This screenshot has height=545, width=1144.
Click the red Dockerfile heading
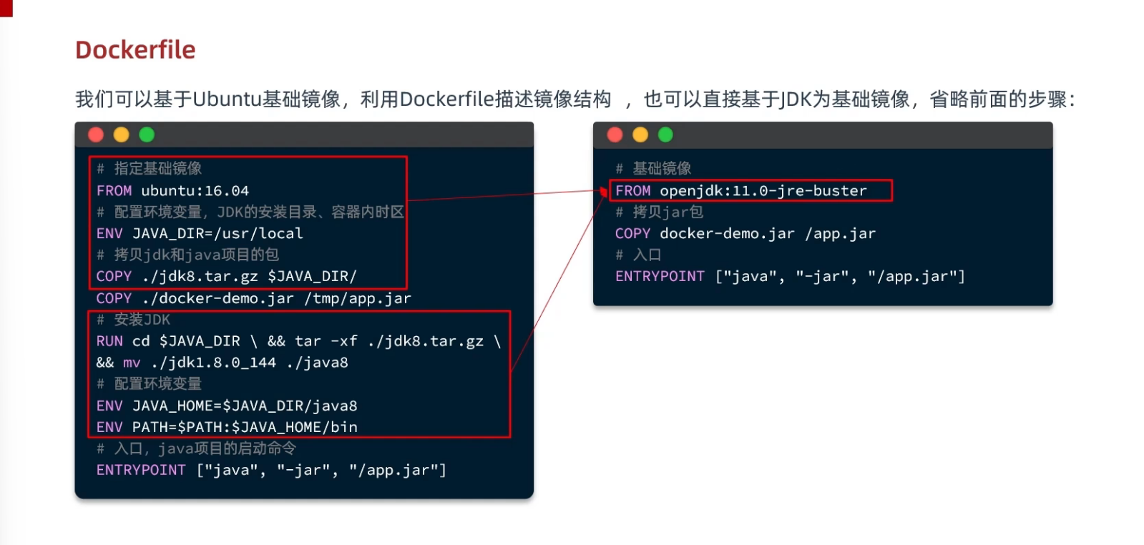click(x=135, y=50)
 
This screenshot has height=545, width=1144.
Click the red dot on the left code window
click(x=96, y=135)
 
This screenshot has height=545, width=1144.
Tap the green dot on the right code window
click(x=665, y=135)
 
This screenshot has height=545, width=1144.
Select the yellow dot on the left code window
click(x=122, y=135)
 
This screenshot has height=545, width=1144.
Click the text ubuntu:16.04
click(x=195, y=191)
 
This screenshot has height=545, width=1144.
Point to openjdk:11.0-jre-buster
click(x=763, y=191)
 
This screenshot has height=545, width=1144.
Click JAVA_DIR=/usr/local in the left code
click(x=217, y=234)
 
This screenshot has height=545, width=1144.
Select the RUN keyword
click(x=109, y=341)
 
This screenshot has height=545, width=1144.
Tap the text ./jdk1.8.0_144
click(x=213, y=363)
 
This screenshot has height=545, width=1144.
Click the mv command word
click(x=132, y=363)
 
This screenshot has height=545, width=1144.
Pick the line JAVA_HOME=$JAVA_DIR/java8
click(x=244, y=406)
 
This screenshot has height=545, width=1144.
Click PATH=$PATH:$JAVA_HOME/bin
click(x=244, y=427)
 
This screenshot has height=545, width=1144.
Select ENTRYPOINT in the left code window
click(x=141, y=470)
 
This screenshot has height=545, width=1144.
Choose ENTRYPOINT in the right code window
click(x=660, y=277)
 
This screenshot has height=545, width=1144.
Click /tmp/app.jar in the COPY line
click(x=358, y=298)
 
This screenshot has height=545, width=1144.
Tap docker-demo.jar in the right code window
click(x=727, y=234)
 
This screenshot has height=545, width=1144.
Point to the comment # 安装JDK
click(x=134, y=320)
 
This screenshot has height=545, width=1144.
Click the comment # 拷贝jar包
click(x=660, y=212)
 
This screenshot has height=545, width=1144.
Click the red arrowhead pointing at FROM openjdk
click(x=605, y=192)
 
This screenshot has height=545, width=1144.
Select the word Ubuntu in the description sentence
click(x=227, y=99)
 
